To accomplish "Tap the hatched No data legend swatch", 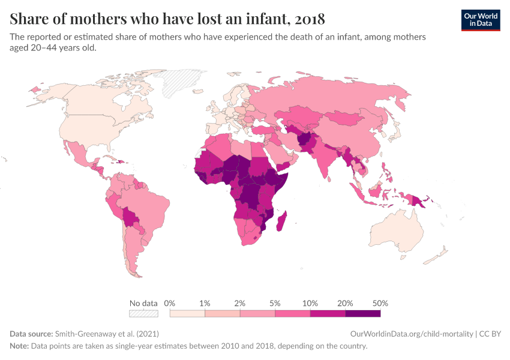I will pyautogui.click(x=143, y=313).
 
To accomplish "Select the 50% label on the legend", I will pyautogui.click(x=380, y=304).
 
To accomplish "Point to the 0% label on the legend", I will pyautogui.click(x=169, y=304).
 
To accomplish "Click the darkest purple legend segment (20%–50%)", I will pyautogui.click(x=362, y=313).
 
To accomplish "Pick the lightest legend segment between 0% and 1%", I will pyautogui.click(x=187, y=313).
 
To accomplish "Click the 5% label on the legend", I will pyautogui.click(x=275, y=304).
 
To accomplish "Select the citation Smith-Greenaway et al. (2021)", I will pyautogui.click(x=107, y=334).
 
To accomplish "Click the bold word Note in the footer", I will pyautogui.click(x=19, y=346).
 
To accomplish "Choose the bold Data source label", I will pyautogui.click(x=31, y=334).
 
